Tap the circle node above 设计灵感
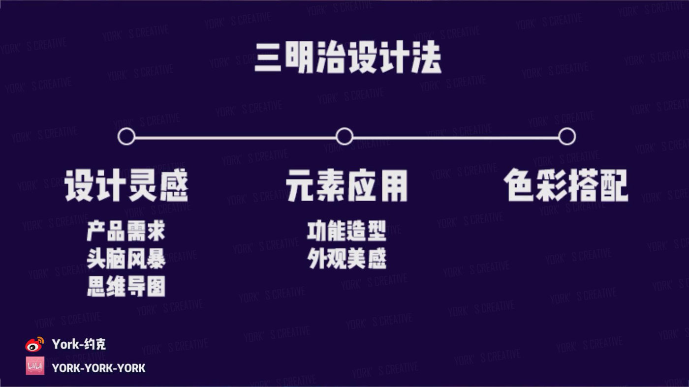tap(126, 136)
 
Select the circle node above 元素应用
tap(344, 136)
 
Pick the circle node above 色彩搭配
tap(567, 136)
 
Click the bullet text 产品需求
tap(126, 232)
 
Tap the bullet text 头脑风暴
tap(126, 259)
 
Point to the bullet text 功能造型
tap(346, 232)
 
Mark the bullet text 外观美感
tap(346, 259)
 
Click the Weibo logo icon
tap(34, 344)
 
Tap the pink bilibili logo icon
tap(35, 366)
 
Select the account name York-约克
tap(79, 344)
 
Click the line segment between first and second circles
tap(235, 137)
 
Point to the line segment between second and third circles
tap(456, 137)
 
